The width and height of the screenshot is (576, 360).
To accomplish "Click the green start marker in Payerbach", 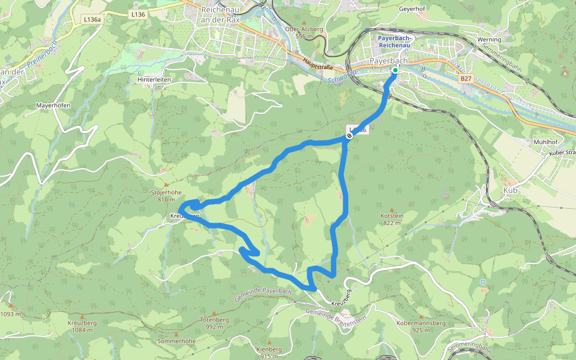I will point(395,71).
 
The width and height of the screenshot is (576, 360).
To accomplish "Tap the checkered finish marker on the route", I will point(349,136).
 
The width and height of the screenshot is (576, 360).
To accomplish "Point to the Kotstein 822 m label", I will point(391,219).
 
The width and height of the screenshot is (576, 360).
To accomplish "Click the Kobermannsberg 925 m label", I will point(421,326).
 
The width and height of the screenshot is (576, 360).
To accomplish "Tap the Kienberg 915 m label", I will point(268,352).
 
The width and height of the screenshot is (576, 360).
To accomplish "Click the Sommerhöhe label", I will point(176,341).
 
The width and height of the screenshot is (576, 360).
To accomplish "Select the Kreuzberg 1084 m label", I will point(82,326).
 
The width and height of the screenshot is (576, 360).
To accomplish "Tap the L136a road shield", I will point(92,20).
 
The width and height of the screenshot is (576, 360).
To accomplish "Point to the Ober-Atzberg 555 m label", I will point(304,32).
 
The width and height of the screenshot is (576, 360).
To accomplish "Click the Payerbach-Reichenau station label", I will point(394,41).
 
